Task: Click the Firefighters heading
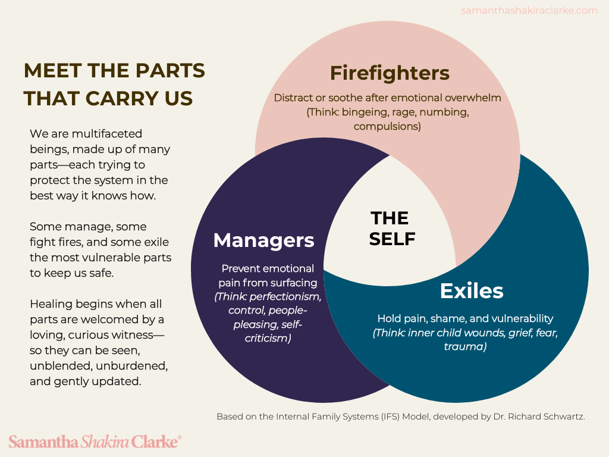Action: click(390, 73)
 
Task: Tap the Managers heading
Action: click(263, 240)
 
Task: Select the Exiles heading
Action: click(471, 291)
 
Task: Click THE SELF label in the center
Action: click(391, 228)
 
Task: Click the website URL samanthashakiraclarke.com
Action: click(529, 10)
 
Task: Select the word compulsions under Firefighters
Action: click(387, 126)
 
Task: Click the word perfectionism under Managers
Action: click(288, 296)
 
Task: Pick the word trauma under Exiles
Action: click(465, 346)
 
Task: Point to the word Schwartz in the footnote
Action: click(564, 417)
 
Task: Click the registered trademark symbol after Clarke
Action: click(180, 438)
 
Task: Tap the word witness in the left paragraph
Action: click(135, 334)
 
